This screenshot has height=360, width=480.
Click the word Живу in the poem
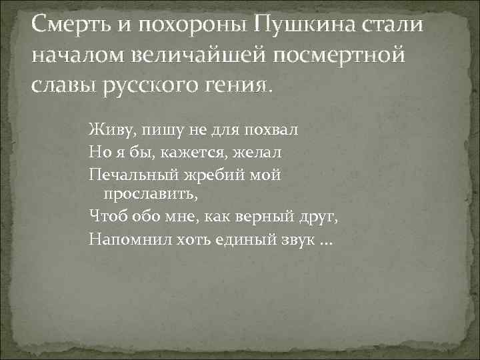107,129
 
